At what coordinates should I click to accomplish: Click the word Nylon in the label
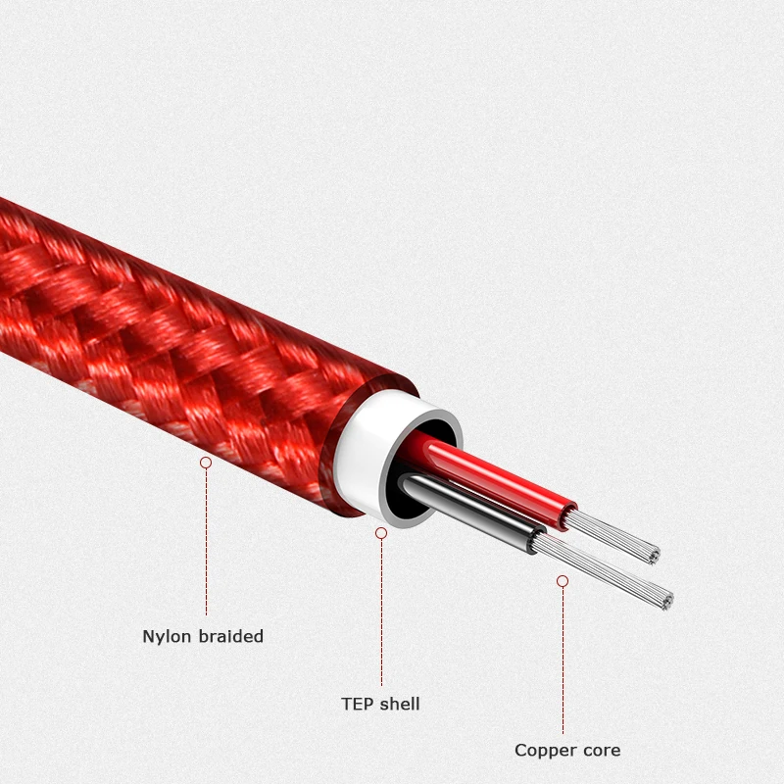[168, 637]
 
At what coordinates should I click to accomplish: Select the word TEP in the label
[357, 704]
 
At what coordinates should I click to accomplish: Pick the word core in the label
[602, 751]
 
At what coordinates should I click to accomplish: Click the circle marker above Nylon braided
[206, 462]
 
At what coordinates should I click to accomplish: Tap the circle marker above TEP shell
[381, 532]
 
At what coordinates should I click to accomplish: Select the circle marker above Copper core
[563, 581]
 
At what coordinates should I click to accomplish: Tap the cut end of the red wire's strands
[652, 556]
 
